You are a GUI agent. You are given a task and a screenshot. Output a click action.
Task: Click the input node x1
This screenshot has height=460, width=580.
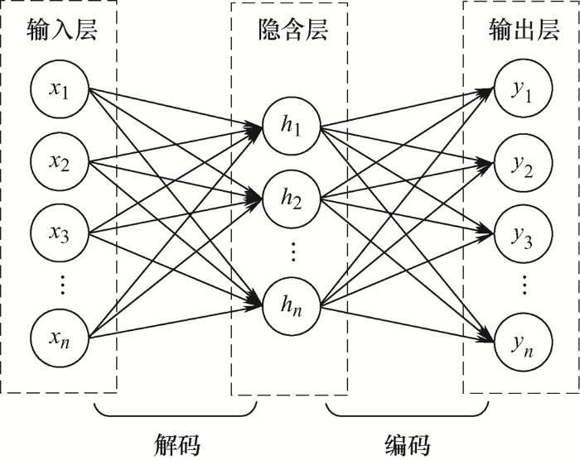coord(60,89)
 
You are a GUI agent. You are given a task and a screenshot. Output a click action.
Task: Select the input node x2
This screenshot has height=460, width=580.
coord(60,161)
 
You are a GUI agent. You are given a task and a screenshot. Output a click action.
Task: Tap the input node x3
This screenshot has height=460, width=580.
coord(60,232)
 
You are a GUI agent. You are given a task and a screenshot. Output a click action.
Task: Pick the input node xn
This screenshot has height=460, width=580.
coord(60,338)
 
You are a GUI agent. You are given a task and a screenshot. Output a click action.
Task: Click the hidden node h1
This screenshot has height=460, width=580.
coord(292,126)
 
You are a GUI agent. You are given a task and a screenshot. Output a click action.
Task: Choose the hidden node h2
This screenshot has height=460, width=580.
coord(292,199)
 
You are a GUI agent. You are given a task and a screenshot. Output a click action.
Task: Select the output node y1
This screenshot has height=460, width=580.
coord(524,89)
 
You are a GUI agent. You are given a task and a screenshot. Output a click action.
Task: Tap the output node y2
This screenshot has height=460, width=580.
coord(524,164)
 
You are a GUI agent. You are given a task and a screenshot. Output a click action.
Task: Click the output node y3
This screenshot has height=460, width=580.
coord(524,233)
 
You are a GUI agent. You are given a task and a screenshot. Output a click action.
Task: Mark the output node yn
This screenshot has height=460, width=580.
coord(524,343)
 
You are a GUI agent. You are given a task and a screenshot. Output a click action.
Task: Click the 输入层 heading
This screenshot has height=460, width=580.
coord(62,30)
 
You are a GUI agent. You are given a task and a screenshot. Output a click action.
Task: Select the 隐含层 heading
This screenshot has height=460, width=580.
coord(293,30)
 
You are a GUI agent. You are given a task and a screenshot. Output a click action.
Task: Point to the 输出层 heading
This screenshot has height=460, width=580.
coord(524,30)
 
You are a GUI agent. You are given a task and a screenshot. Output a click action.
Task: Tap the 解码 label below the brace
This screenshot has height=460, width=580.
coord(176,444)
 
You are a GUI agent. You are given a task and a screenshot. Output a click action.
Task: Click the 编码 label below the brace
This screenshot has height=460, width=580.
coord(408,444)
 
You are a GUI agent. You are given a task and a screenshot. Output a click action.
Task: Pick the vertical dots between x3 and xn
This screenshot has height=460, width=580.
coord(62,285)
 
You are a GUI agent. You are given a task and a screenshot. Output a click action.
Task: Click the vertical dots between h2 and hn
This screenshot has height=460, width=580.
coord(293,252)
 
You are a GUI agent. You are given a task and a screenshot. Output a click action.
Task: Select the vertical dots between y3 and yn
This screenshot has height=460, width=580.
coord(524,285)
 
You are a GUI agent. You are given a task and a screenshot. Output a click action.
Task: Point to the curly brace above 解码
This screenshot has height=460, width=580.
coord(176,416)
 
